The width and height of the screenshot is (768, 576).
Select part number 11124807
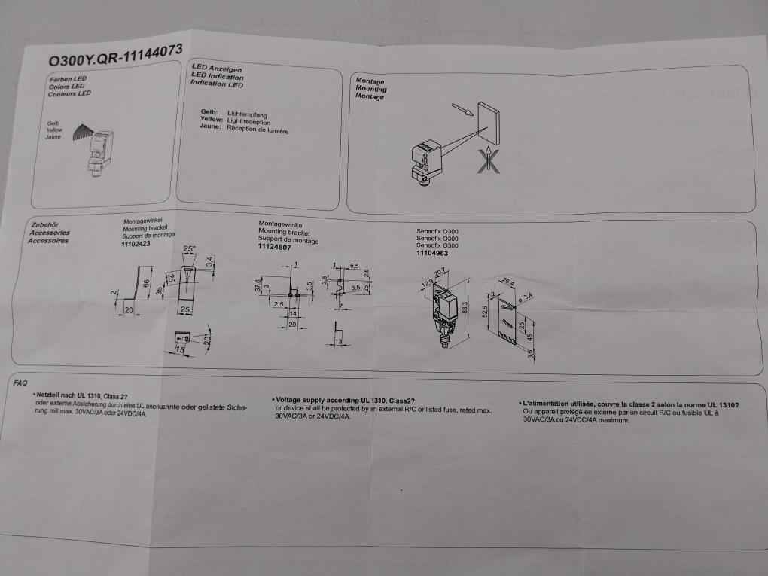coord(275,247)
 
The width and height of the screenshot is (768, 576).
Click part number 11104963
coord(432,254)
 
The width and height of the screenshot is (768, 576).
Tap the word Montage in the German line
coord(370,80)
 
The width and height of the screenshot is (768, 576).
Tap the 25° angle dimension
coord(189,249)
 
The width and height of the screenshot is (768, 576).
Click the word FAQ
coord(22,383)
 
